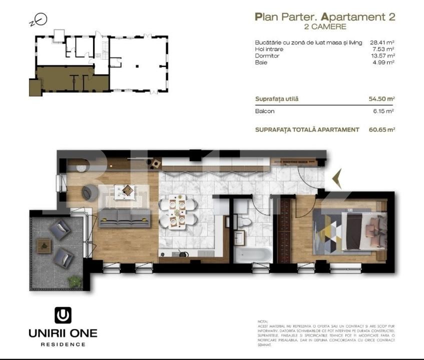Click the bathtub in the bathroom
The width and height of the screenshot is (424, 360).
254,254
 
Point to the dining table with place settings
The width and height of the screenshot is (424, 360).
177,212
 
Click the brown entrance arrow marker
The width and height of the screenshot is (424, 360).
336,179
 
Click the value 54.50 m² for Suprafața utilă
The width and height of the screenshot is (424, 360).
382,99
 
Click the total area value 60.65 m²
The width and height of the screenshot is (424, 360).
382,129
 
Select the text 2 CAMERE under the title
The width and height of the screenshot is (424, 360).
325,26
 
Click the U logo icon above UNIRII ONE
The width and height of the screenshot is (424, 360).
63,315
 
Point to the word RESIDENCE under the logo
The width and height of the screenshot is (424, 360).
63,344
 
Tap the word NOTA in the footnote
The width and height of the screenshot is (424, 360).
262,321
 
